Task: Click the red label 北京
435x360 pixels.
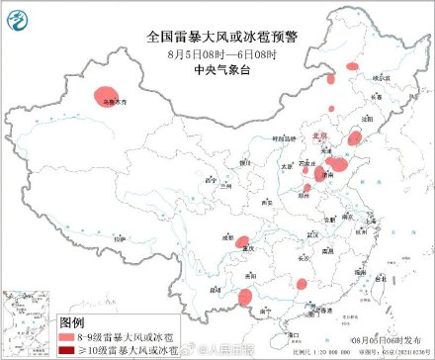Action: coord(317,135)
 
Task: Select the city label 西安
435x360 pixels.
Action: coord(264,201)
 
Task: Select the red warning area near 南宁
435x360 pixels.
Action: coord(248,295)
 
